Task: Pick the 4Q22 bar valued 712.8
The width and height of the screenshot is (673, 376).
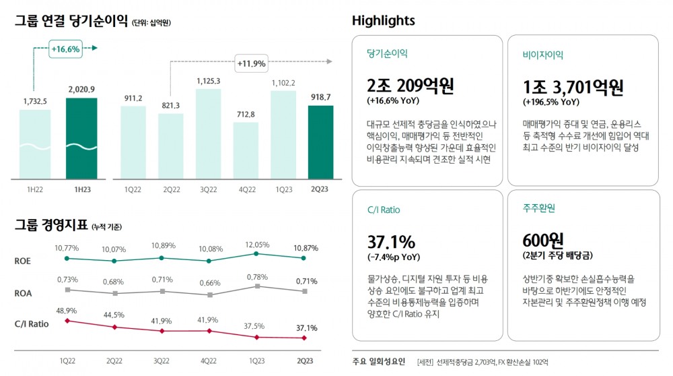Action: point(246,150)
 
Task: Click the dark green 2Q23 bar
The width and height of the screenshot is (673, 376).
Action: point(320,142)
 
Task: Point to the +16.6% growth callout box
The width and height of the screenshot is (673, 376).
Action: point(65,49)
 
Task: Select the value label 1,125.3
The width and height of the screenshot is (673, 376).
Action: point(209,82)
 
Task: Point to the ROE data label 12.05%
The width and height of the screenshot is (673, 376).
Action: point(256,245)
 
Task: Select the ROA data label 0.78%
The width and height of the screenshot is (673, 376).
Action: point(256,277)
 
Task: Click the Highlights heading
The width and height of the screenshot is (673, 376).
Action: point(383,21)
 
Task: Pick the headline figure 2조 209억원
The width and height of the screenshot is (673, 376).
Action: point(411,86)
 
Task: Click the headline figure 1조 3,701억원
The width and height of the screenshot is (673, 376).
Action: point(573,87)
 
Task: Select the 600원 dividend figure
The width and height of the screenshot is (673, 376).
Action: point(542,241)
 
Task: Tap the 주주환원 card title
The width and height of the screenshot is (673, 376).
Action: point(538,208)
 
